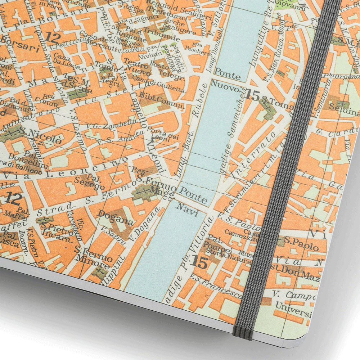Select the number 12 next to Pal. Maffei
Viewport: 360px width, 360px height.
coord(14,199)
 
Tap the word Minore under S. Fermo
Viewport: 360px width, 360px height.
coord(95,265)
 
